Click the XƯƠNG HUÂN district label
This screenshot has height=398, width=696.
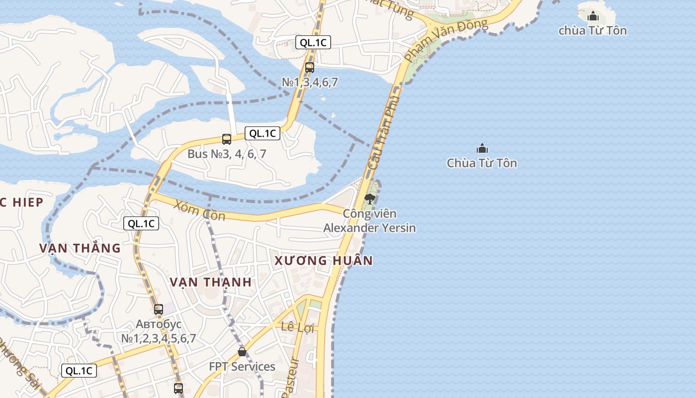point(323,261)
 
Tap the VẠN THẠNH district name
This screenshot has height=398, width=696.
point(210,282)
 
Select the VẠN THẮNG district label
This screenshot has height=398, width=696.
point(80,248)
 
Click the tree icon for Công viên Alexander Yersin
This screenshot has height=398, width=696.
point(369,199)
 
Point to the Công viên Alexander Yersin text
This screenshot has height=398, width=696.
point(369,221)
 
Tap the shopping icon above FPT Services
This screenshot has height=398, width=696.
point(242,352)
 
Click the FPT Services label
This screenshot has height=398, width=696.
point(242,367)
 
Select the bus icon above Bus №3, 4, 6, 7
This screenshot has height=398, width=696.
point(227,139)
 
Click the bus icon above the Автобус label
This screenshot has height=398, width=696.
point(159,309)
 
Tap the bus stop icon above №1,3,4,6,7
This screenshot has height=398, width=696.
point(310,67)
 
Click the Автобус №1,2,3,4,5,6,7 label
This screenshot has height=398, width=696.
point(159,331)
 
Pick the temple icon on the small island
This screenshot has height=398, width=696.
point(593,16)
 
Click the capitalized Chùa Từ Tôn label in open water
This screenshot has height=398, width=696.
point(482,163)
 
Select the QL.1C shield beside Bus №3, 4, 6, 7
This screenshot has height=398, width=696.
point(262,133)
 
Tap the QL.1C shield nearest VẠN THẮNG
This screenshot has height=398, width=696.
point(141,223)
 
